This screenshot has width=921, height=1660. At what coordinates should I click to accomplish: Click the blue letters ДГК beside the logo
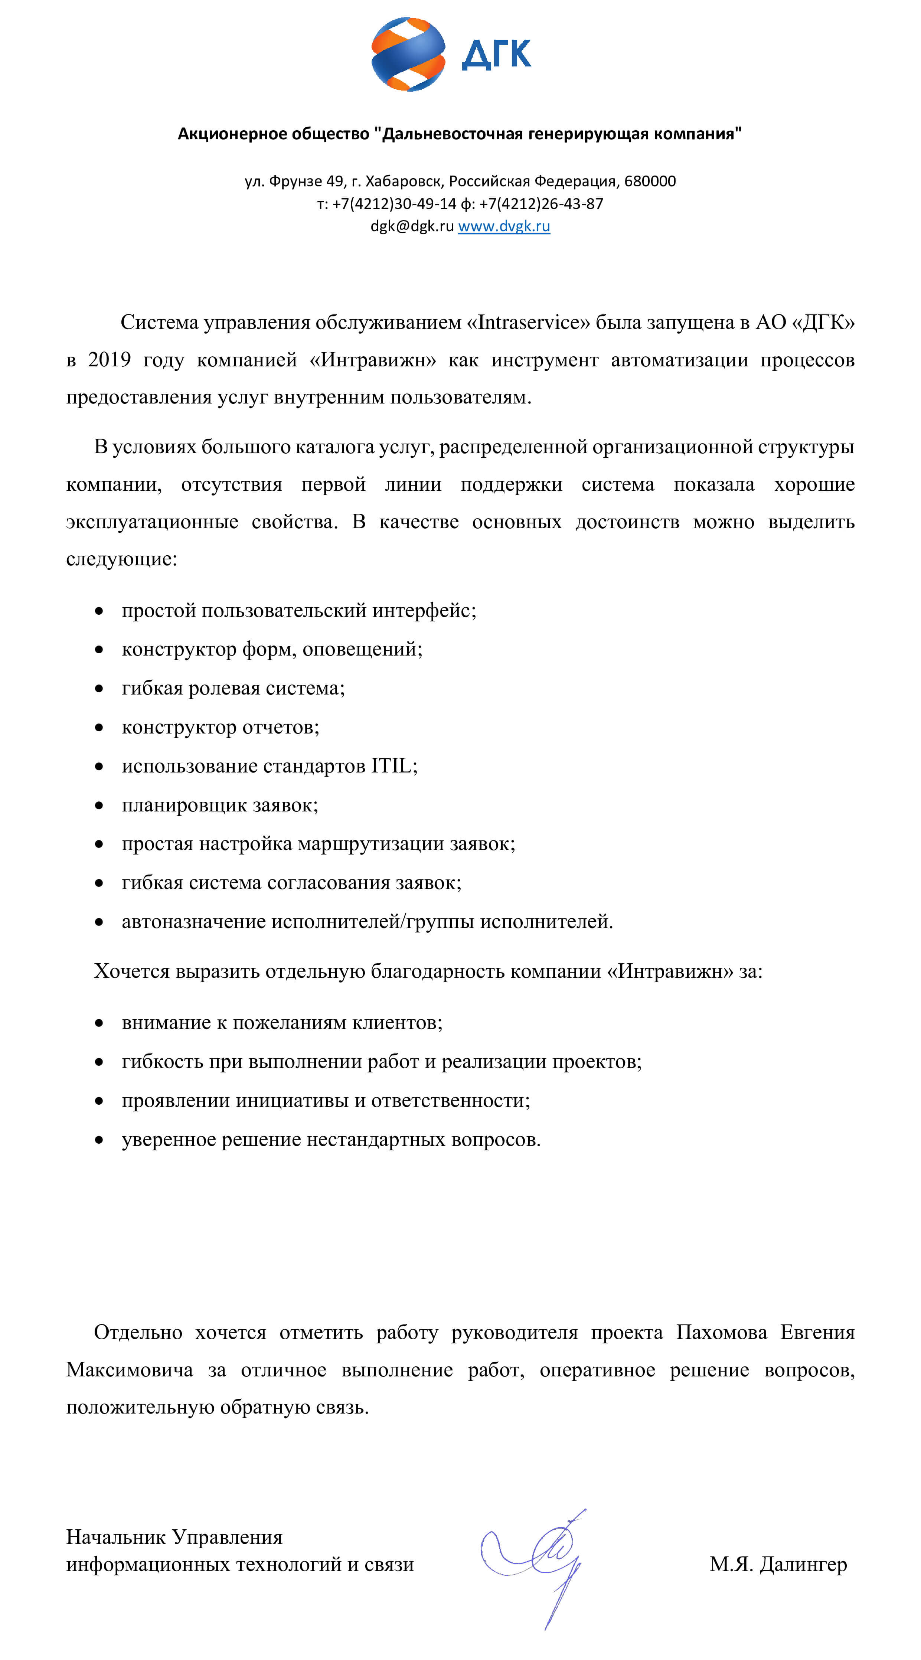[x=496, y=54]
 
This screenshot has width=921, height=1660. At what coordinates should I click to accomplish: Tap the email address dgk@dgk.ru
[x=412, y=226]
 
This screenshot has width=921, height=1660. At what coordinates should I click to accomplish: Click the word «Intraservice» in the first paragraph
[x=528, y=322]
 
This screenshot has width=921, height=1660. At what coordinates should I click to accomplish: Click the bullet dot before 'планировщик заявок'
[x=99, y=806]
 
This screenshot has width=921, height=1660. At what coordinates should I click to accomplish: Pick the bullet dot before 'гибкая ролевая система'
[x=99, y=689]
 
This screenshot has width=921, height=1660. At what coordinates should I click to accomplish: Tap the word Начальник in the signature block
[x=114, y=1538]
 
